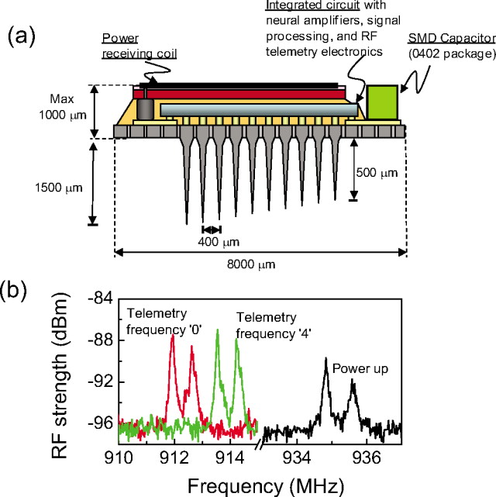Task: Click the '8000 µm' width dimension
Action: [x=259, y=264]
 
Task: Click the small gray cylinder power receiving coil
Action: [x=142, y=108]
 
